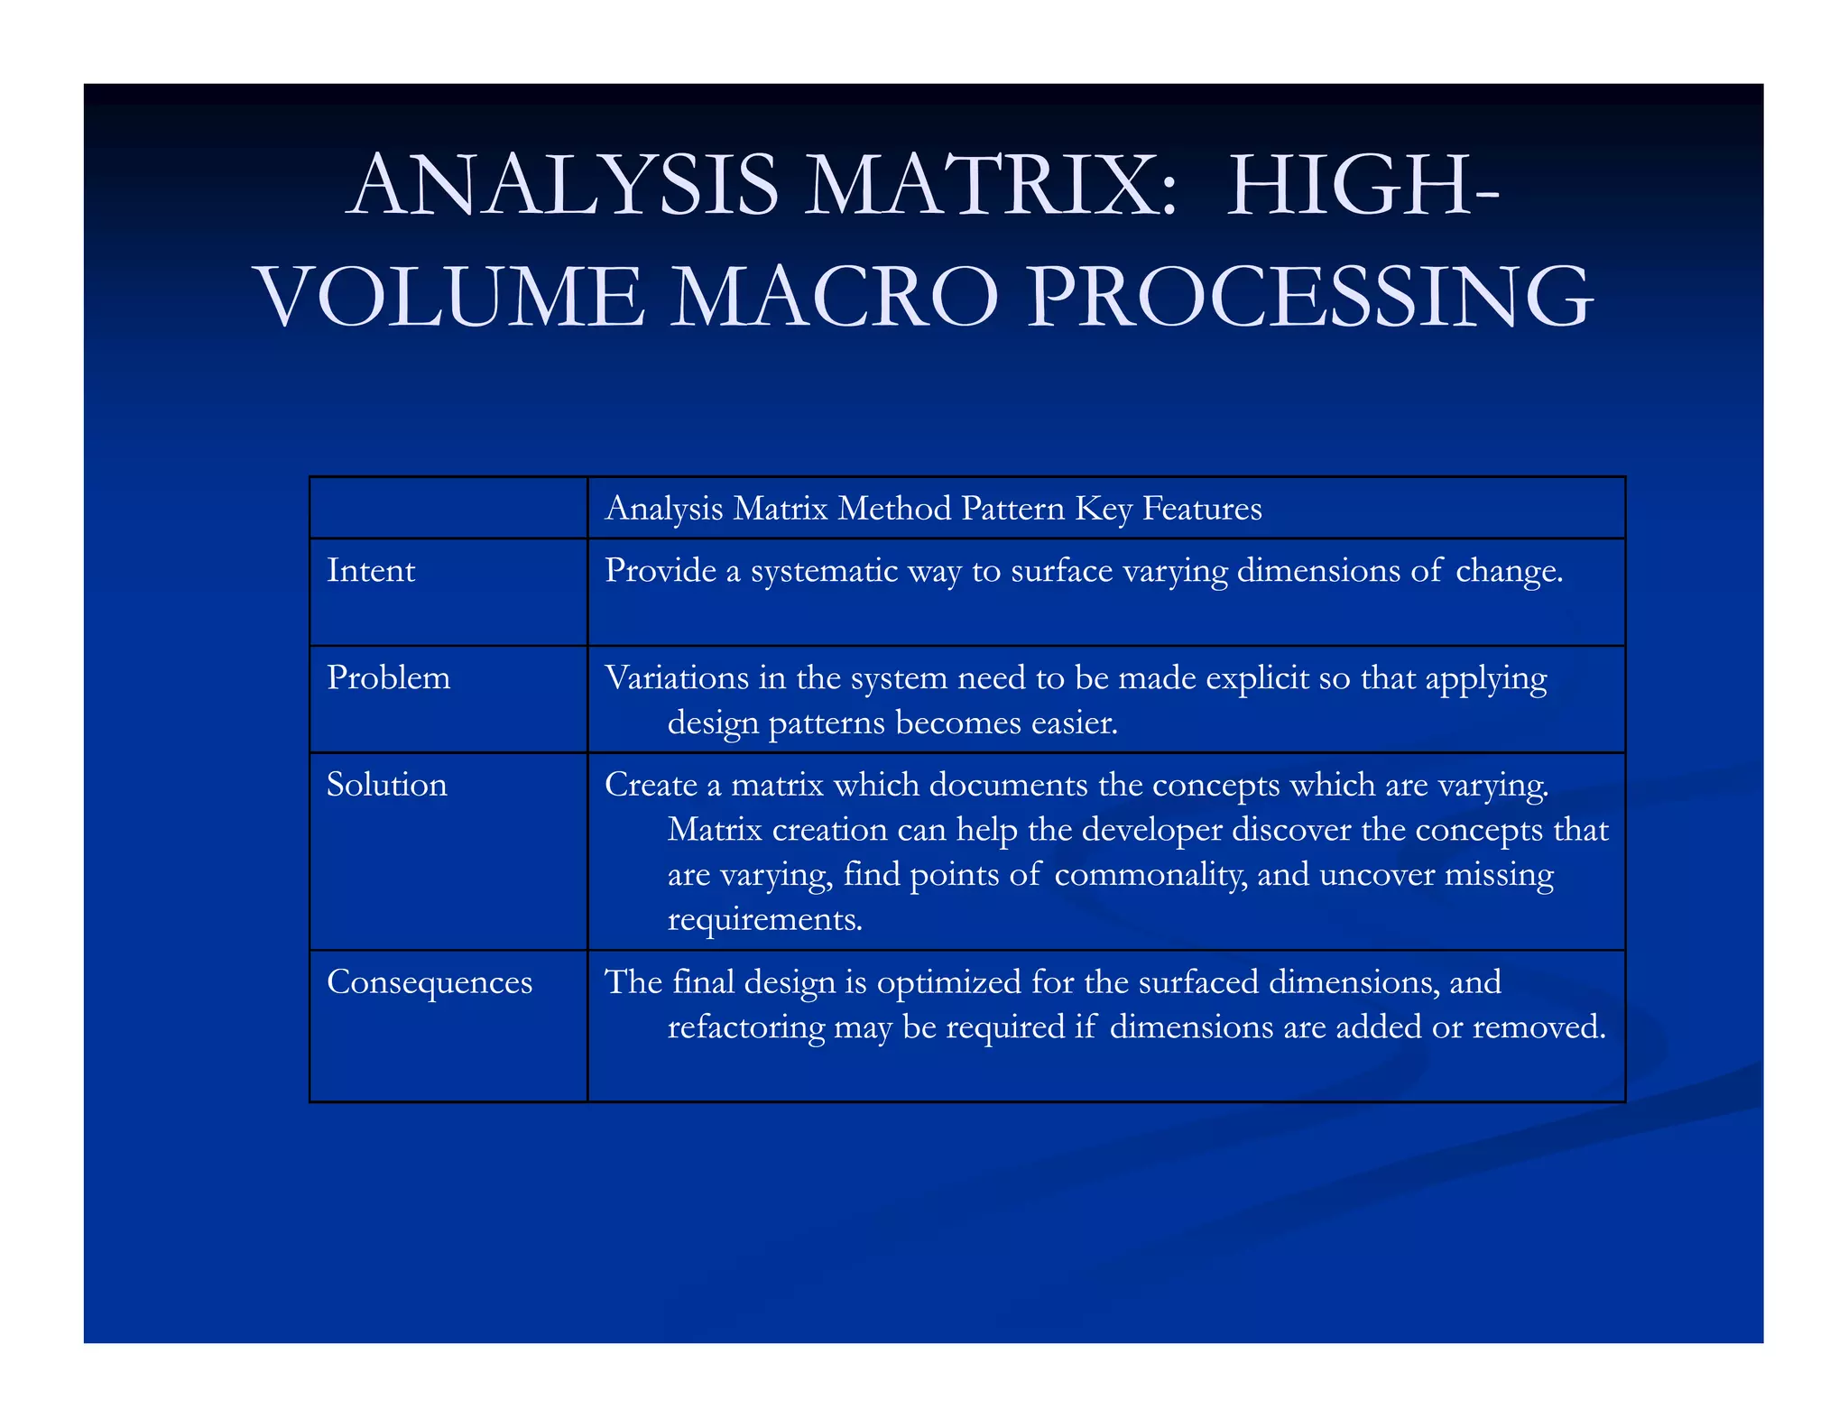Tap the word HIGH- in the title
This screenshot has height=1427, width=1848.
[1363, 187]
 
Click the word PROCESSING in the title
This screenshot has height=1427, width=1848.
[1309, 297]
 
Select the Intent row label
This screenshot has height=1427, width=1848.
[371, 571]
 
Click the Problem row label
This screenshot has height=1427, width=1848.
[388, 678]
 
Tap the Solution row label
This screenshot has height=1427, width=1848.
[386, 785]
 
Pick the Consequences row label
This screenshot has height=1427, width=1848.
[430, 982]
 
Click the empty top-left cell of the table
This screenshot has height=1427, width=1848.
[448, 508]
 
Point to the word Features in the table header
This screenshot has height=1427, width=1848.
[1202, 509]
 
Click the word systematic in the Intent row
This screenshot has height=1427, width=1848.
[825, 571]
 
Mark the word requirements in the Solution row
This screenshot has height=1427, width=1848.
[764, 920]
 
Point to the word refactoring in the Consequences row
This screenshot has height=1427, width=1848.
[746, 1027]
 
